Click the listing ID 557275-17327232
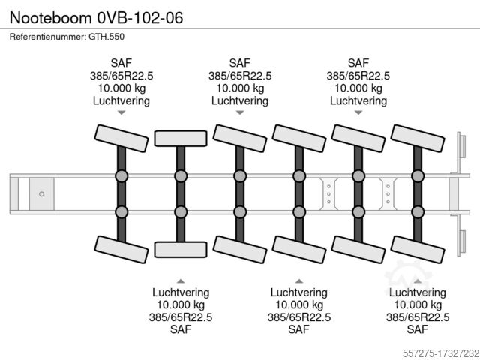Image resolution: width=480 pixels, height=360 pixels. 429,349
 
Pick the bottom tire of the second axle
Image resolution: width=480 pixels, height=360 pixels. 180,250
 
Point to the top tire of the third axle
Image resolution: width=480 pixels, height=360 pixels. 239,136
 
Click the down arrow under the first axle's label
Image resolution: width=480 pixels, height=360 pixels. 121,112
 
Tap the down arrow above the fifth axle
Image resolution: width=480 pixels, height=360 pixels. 358,112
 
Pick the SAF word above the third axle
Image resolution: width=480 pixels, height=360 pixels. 239,63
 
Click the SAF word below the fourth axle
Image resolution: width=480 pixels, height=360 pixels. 299,329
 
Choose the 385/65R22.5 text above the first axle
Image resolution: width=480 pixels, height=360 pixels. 121,76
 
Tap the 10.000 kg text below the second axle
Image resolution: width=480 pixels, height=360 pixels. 180,304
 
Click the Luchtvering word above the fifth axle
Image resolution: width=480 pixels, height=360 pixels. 358,100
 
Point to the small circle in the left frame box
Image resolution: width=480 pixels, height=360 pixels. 42,193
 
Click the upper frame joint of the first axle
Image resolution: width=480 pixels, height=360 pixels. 121,176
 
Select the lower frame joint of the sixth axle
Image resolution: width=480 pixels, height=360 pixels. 418,211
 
